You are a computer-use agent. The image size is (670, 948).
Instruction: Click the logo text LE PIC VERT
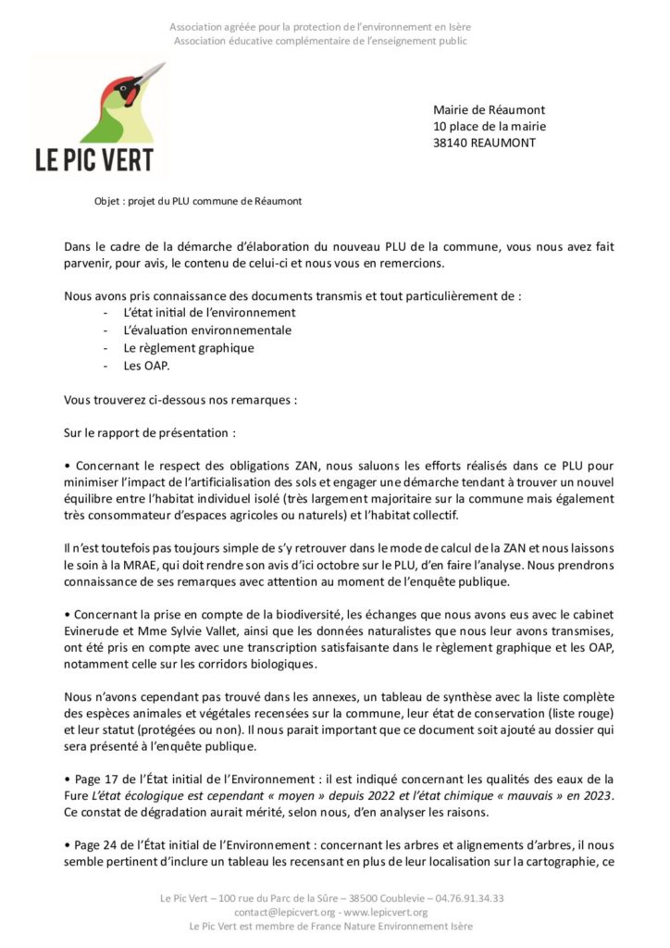click(x=94, y=159)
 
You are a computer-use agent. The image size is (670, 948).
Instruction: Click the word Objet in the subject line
click(x=107, y=201)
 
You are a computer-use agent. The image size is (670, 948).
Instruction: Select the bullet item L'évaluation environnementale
click(x=206, y=331)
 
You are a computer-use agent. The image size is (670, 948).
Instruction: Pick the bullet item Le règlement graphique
click(x=188, y=348)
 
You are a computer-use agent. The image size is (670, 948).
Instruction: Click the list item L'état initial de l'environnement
click(x=209, y=313)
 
